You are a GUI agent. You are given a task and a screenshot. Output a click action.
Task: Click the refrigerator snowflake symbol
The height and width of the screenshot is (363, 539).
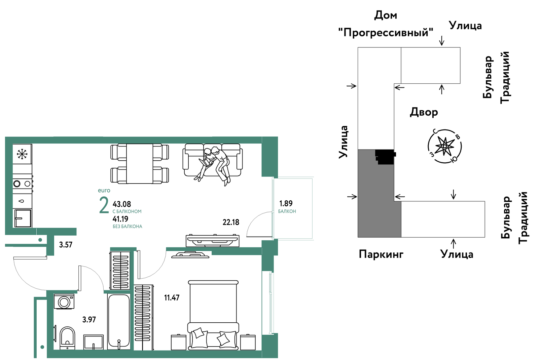coord(22,154)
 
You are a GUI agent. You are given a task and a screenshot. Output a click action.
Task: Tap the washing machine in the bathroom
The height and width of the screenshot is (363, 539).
coord(64,301)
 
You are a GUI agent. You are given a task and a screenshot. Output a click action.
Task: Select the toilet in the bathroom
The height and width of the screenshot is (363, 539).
coord(67,338)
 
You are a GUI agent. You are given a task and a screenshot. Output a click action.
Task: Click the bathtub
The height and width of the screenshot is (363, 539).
coord(119,321)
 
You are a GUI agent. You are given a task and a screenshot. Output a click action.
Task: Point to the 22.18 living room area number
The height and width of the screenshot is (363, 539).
coord(231,222)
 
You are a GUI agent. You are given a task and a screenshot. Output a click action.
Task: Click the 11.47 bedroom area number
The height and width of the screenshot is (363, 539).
coord(172,298)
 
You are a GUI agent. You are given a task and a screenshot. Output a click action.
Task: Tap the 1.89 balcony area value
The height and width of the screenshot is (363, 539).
coord(286,204)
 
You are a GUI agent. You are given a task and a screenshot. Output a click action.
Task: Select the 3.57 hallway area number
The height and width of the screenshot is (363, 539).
coord(66,245)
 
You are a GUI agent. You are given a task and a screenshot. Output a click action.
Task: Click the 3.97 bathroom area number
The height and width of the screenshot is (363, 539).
coord(89,320)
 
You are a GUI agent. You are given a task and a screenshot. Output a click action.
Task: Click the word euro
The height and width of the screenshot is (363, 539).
coord(104,190)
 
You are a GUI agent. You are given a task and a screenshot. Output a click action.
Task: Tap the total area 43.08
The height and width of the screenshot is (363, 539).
coord(122,204)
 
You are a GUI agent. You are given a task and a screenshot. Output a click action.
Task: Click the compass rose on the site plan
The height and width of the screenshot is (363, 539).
coord(445,146)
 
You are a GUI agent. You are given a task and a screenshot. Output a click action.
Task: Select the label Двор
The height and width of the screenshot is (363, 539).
coord(424,112)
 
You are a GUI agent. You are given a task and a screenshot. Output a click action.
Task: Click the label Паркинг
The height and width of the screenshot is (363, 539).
coord(381,254)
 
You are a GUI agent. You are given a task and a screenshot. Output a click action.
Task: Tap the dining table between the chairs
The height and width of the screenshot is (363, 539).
coord(140,163)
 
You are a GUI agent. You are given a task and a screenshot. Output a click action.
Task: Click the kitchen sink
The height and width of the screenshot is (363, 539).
coord(23,218)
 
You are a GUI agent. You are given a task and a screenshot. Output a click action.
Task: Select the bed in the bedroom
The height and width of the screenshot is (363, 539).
coord(213,315)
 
